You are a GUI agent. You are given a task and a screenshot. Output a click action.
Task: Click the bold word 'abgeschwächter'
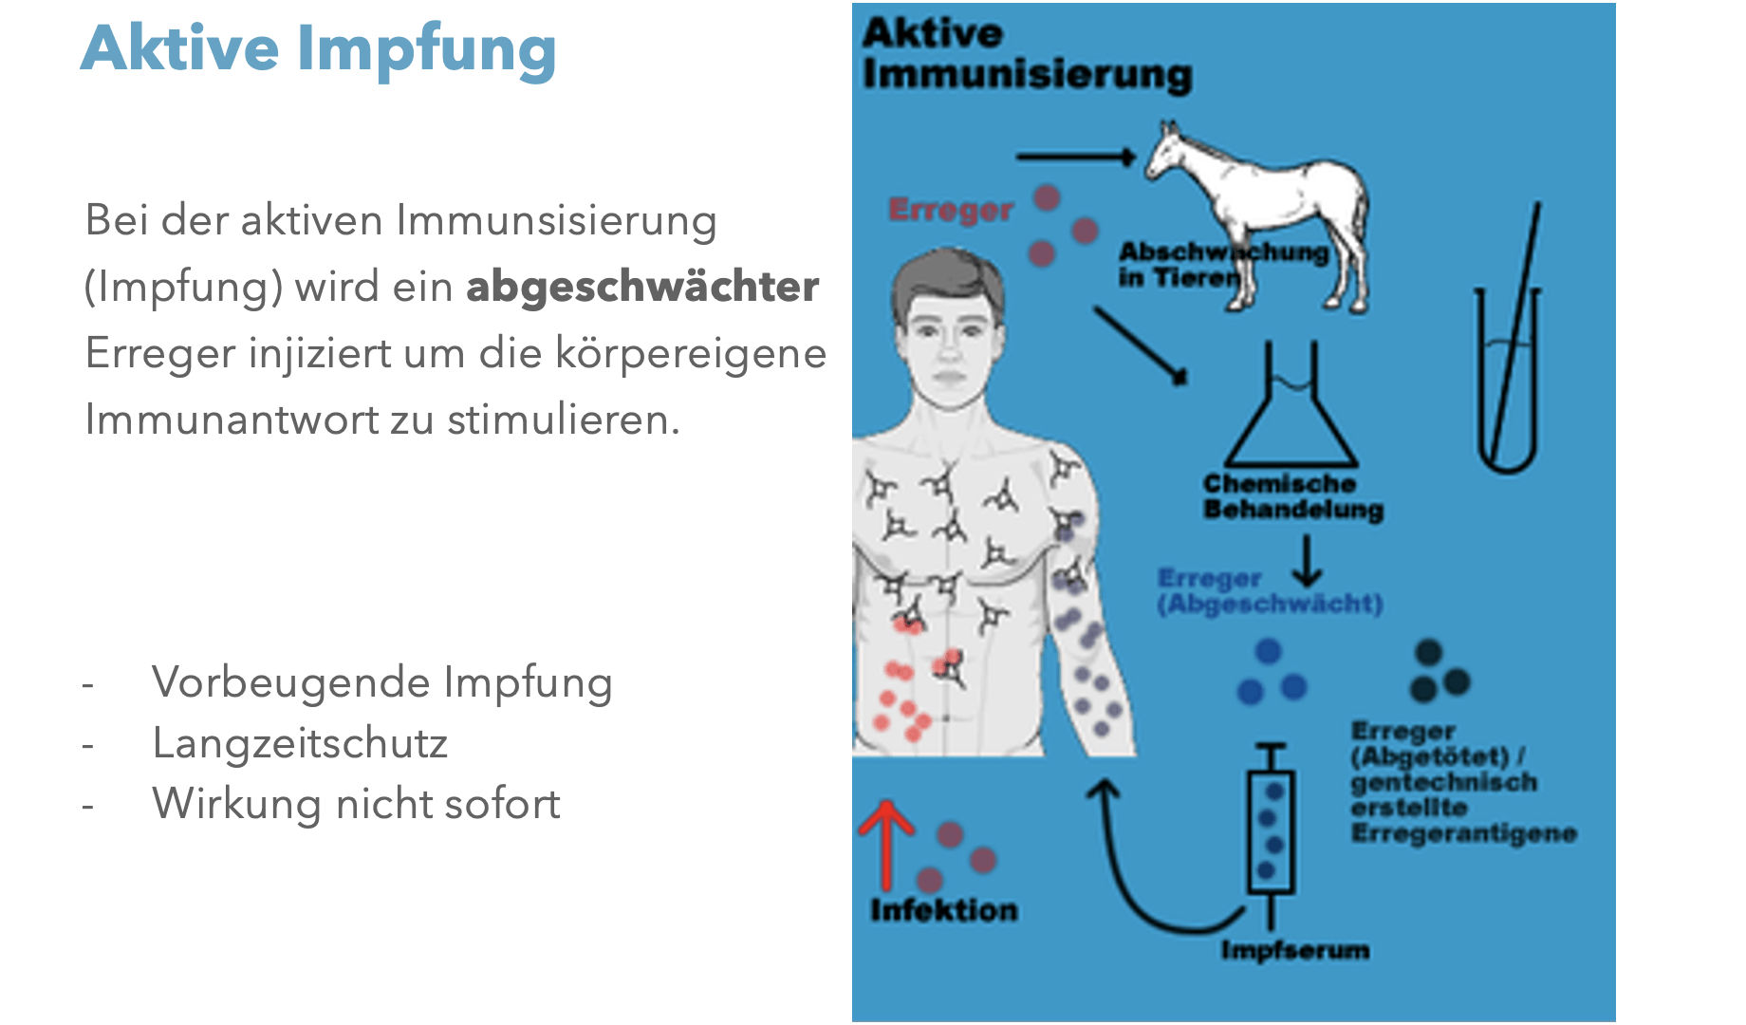tap(642, 287)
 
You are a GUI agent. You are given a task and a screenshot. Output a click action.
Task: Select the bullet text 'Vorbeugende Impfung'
tap(381, 682)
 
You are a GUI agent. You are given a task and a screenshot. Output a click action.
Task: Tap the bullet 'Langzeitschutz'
tap(300, 743)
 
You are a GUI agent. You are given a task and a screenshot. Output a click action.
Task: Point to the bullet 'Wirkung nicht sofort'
tap(356, 804)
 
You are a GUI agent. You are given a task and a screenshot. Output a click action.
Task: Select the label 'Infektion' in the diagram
tap(943, 910)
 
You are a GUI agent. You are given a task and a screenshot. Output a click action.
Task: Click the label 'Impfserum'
tap(1294, 950)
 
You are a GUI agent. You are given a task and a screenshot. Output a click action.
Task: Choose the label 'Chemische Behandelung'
tap(1292, 496)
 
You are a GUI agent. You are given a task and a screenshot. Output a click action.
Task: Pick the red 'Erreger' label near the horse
tap(950, 210)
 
